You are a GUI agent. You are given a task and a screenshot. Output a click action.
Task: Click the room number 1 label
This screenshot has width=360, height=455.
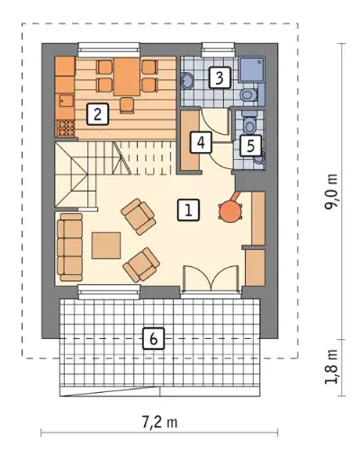(188, 210)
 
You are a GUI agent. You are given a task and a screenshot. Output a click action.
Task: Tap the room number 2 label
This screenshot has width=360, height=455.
(97, 114)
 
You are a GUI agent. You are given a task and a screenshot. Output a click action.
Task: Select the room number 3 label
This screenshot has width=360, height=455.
(220, 77)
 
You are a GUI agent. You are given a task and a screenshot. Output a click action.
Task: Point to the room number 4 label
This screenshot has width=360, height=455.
(201, 143)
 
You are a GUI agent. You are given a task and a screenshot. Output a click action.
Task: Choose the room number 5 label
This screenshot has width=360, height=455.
(250, 146)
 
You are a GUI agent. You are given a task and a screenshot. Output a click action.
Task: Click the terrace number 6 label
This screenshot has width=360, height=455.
(154, 339)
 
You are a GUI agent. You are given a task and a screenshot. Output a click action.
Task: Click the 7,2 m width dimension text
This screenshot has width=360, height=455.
(159, 423)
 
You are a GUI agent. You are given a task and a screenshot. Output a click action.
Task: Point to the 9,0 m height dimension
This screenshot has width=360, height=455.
(331, 192)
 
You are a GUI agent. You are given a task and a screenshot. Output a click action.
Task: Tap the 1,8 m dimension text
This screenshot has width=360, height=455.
(331, 367)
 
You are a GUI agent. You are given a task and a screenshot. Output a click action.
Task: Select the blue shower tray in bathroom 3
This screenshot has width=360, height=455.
(252, 69)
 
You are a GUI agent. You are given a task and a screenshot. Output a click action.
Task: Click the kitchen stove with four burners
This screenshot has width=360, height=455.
(65, 129)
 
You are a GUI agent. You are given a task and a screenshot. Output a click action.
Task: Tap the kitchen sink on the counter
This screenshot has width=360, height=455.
(66, 101)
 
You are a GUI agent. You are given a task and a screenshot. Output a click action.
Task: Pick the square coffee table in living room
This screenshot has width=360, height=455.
(106, 245)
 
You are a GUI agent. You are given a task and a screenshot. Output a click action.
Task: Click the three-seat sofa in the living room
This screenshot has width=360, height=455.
(70, 247)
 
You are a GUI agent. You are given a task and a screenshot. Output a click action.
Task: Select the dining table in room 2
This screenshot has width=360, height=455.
(127, 77)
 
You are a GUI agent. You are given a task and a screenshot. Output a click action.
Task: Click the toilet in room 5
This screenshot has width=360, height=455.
(249, 123)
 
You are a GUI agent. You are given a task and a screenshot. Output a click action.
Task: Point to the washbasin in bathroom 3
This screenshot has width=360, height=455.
(188, 81)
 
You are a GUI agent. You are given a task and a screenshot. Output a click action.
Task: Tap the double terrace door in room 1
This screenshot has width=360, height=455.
(212, 278)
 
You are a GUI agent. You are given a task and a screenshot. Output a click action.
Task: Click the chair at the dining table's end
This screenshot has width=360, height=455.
(127, 105)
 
